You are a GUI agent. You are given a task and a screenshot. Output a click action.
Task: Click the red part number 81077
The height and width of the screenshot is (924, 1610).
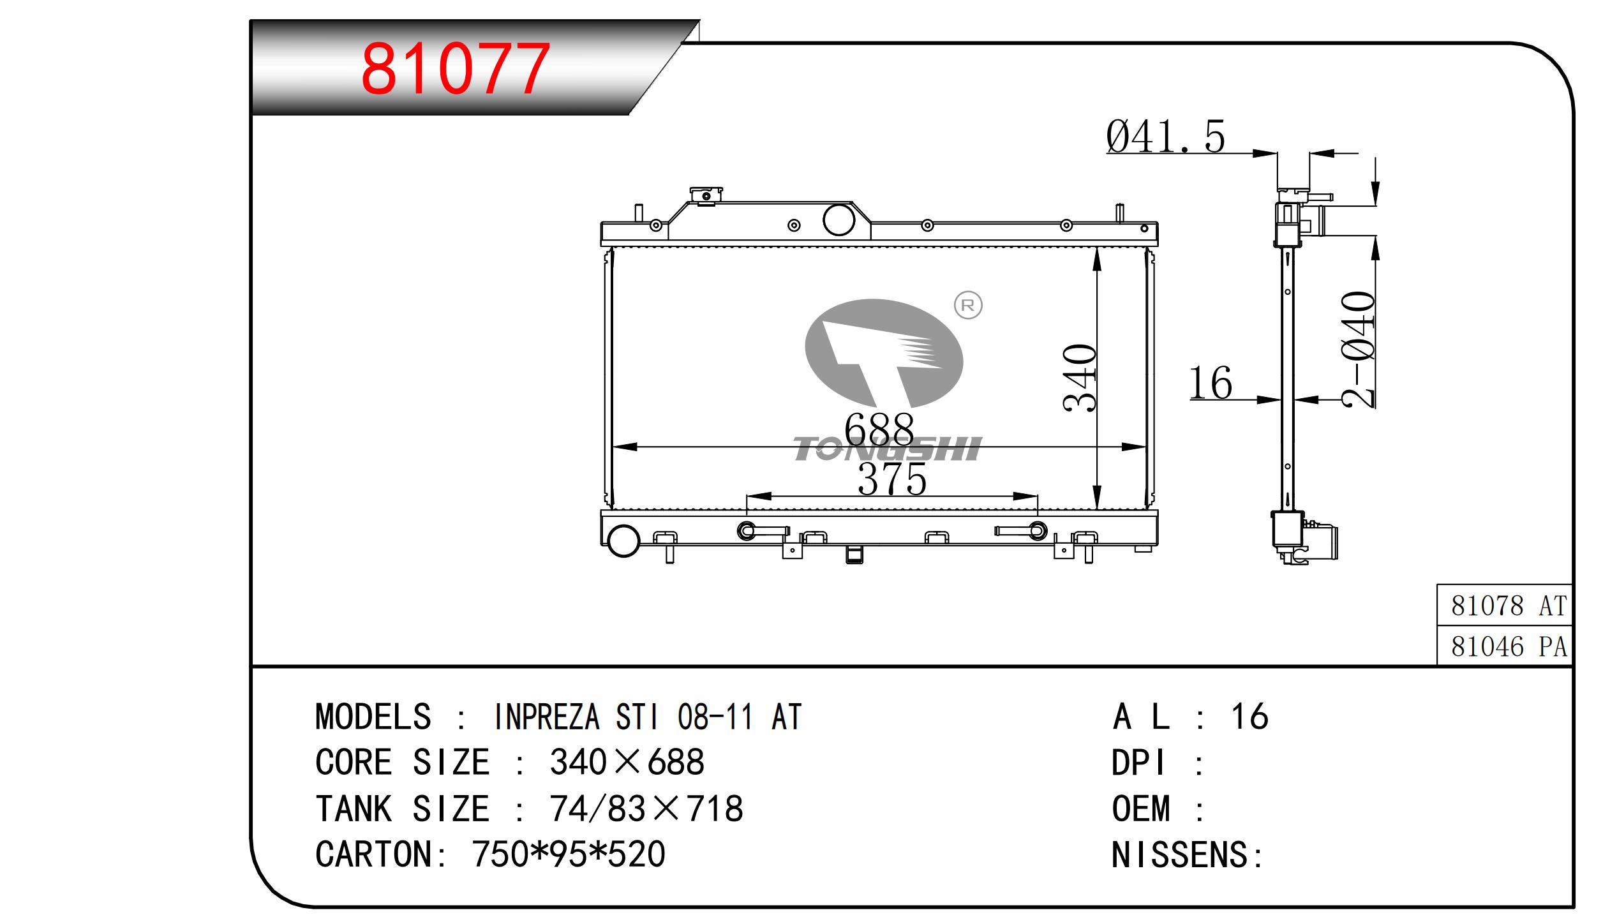[x=455, y=68]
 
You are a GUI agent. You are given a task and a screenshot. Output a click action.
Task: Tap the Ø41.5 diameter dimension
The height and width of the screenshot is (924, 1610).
[x=1165, y=137]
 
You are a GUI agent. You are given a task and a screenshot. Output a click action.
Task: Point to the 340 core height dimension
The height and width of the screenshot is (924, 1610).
[x=1080, y=378]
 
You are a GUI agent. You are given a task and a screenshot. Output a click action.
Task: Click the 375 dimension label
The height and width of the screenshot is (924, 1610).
[x=892, y=479]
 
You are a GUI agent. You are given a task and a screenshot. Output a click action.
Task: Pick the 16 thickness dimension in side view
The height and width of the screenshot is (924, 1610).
[x=1210, y=383]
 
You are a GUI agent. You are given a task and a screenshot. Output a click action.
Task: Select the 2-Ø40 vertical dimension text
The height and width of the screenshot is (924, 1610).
[x=1357, y=350]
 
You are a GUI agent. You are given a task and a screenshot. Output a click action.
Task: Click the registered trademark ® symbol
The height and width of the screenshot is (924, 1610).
[x=967, y=306]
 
